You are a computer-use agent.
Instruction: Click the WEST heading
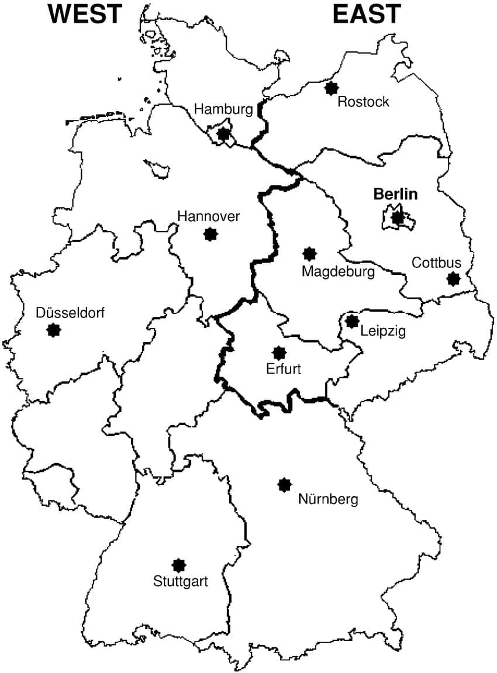pyautogui.click(x=86, y=13)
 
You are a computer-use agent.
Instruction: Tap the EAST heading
pyautogui.click(x=367, y=13)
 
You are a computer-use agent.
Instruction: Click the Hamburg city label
pyautogui.click(x=223, y=109)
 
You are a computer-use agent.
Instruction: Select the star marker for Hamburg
pyautogui.click(x=223, y=134)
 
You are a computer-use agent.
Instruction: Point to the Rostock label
pyautogui.click(x=363, y=102)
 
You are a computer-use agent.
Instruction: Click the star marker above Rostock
pyautogui.click(x=332, y=88)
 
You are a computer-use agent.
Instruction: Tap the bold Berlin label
pyautogui.click(x=395, y=194)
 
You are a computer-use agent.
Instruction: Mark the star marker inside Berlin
pyautogui.click(x=398, y=218)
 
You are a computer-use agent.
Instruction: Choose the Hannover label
pyautogui.click(x=209, y=216)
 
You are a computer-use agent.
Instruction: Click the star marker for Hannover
pyautogui.click(x=210, y=234)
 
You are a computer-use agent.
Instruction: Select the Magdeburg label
pyautogui.click(x=338, y=271)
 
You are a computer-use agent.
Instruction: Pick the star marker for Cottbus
pyautogui.click(x=453, y=279)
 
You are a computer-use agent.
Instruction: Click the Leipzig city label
pyautogui.click(x=383, y=331)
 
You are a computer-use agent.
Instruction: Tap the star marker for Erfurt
pyautogui.click(x=279, y=353)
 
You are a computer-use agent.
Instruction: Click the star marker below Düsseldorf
pyautogui.click(x=54, y=330)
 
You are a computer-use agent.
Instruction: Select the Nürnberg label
pyautogui.click(x=328, y=499)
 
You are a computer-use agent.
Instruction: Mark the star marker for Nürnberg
pyautogui.click(x=285, y=484)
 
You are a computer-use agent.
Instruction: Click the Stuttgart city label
pyautogui.click(x=181, y=582)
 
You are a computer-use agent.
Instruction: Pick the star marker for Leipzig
pyautogui.click(x=352, y=321)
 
